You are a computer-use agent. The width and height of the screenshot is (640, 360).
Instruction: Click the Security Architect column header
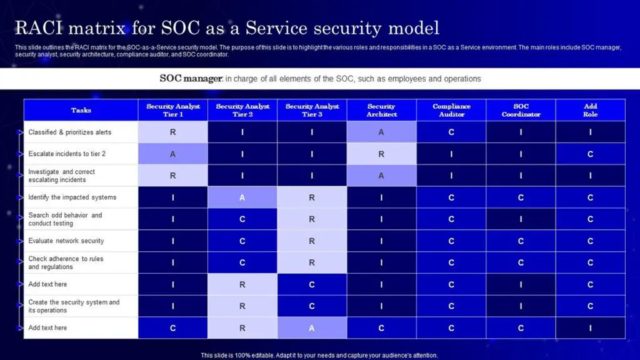click(381, 111)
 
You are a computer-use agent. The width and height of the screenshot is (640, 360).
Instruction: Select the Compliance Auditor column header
click(451, 111)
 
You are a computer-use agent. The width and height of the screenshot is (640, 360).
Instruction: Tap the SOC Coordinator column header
click(521, 111)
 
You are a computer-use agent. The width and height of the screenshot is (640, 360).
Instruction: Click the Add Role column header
click(590, 111)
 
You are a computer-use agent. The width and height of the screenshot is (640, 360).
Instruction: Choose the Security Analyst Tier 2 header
click(242, 111)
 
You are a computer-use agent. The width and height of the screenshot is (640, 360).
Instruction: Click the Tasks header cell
click(81, 111)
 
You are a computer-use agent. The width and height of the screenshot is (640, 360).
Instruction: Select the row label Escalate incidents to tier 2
click(67, 154)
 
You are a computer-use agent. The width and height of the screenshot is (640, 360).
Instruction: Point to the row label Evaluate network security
click(66, 241)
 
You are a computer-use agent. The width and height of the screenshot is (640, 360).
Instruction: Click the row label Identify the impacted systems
click(72, 197)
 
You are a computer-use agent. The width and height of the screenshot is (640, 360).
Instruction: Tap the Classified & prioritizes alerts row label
click(70, 132)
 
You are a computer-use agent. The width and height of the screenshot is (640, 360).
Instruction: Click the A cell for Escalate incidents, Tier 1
click(172, 154)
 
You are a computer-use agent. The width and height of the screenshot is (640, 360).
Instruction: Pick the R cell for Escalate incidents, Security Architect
click(381, 154)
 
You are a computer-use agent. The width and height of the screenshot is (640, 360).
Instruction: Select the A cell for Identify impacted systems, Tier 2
click(242, 197)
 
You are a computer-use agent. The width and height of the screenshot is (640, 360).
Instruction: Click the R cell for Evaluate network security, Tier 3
click(312, 241)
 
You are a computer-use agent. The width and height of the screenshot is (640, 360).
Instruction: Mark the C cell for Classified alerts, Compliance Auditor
click(451, 132)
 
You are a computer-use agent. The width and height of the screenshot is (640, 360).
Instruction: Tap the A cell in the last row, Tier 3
click(312, 328)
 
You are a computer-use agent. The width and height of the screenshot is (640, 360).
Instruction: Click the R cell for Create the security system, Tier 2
click(242, 306)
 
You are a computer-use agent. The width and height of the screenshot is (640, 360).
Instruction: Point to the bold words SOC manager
click(191, 79)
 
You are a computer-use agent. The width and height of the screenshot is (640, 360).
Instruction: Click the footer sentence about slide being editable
click(319, 355)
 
